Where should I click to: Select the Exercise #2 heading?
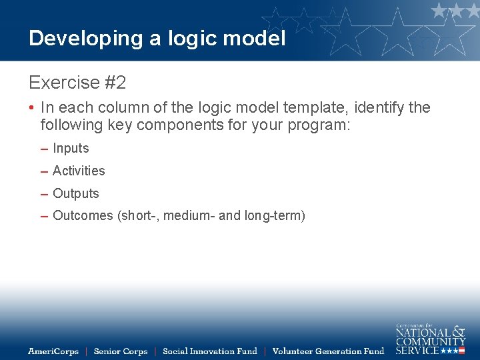coord(77,83)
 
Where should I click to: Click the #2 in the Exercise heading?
coord(115,83)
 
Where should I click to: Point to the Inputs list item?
coord(71,149)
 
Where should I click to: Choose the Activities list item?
coord(79,171)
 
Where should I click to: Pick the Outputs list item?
coord(75,194)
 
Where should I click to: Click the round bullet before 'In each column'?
coord(32,108)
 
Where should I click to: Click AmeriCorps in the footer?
coord(53,351)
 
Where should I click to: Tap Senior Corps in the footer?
coord(121,351)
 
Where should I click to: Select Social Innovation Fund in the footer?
coord(210,351)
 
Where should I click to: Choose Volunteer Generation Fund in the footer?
coord(329,351)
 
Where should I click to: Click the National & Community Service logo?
coord(430,339)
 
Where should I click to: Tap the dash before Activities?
coord(44,172)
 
